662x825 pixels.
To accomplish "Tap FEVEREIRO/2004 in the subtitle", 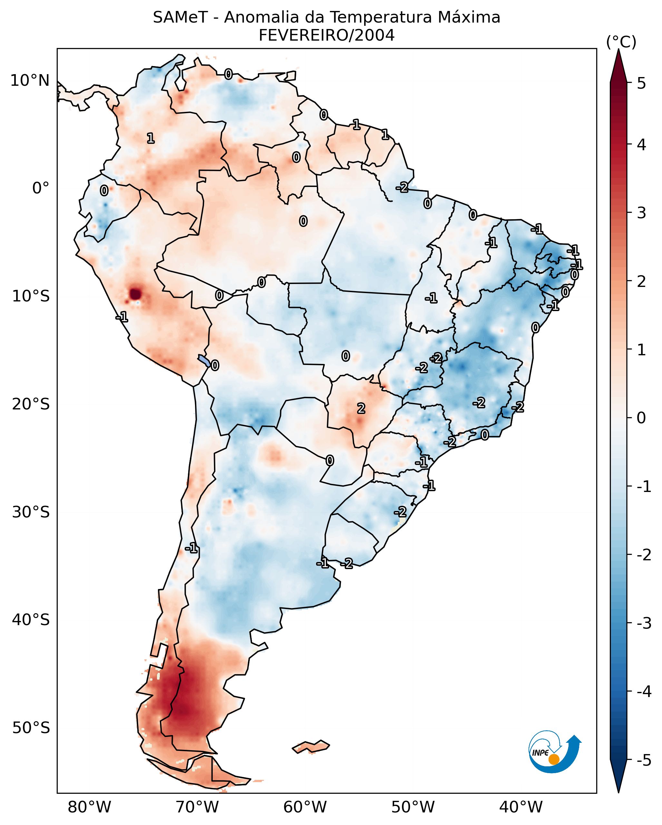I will pos(326,35).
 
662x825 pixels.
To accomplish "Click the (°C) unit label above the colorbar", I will pos(621,42).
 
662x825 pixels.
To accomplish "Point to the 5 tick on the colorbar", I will pos(641,83).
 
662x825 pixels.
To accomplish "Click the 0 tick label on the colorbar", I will pos(641,417).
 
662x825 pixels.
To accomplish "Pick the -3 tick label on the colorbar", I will pos(644,623).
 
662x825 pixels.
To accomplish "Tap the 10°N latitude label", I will pos(30,81).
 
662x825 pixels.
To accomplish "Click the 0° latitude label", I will pos(41,188).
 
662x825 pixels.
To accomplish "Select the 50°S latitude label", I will pos(31,728).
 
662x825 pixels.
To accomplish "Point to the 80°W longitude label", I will pos(89,807).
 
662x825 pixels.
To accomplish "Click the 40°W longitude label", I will pos(521,807).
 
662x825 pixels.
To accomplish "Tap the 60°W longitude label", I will pos(305,807).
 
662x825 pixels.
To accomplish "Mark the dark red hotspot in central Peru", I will pos(135,294).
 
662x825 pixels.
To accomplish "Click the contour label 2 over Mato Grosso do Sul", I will pos(361,409).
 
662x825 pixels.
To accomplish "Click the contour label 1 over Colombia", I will pos(151,138).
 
